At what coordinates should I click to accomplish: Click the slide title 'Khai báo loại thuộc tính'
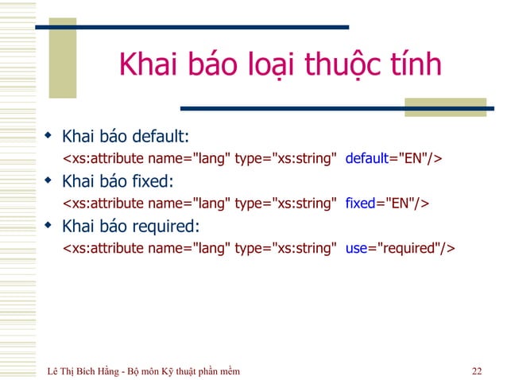tap(279, 65)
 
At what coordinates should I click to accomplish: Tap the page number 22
tap(476, 370)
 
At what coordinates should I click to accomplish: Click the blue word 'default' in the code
tap(366, 157)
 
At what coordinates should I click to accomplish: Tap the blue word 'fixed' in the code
tap(360, 204)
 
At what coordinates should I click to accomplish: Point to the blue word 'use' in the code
tap(356, 249)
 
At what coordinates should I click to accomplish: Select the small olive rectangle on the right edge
tap(428, 107)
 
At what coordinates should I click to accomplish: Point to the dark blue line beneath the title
tap(334, 108)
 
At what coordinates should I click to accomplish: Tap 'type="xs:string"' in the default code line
tap(284, 157)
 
